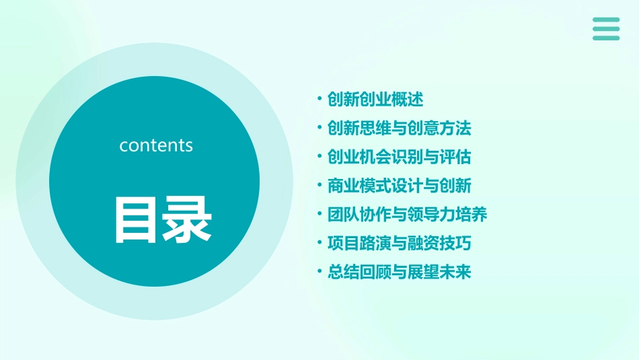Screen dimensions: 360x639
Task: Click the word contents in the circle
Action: click(x=156, y=145)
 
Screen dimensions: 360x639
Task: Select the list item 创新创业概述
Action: click(x=375, y=100)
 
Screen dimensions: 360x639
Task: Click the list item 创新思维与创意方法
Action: click(x=399, y=128)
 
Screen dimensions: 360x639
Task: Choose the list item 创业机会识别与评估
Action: click(x=399, y=157)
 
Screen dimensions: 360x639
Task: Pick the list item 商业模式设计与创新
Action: click(x=399, y=186)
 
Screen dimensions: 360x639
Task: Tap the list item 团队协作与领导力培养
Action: click(x=407, y=215)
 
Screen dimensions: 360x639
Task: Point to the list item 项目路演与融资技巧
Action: click(x=399, y=244)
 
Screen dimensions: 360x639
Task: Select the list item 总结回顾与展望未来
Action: click(x=399, y=273)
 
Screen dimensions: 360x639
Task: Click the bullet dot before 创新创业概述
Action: click(x=319, y=100)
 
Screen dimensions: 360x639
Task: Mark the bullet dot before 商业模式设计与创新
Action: click(x=319, y=186)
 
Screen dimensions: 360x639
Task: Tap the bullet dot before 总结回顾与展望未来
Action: click(x=319, y=273)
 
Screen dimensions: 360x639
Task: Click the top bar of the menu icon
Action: click(x=606, y=20)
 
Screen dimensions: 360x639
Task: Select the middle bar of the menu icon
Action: click(x=606, y=29)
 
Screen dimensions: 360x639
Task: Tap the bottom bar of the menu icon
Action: click(x=606, y=38)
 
